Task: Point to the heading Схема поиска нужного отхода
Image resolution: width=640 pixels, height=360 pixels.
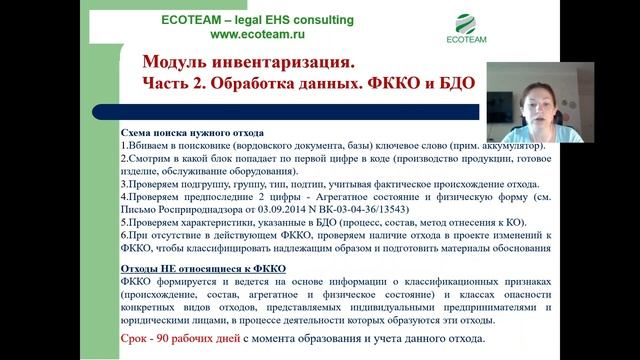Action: pyautogui.click(x=192, y=132)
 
